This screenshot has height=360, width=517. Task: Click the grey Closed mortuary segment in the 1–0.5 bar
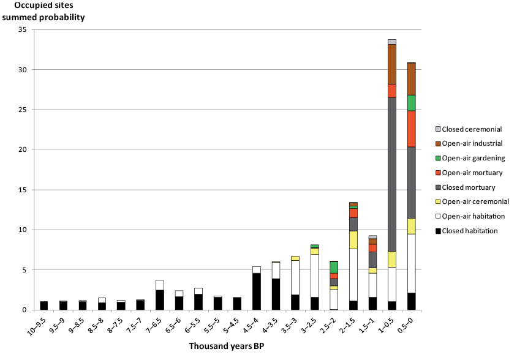[392, 174]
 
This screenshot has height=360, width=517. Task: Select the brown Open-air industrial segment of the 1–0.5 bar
[392, 64]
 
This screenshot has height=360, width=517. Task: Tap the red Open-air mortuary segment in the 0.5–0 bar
[411, 129]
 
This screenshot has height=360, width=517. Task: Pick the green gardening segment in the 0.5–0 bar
[411, 103]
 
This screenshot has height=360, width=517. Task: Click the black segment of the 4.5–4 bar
[257, 292]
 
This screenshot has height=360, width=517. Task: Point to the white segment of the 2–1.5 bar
[353, 275]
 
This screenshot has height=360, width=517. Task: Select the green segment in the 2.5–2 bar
[334, 268]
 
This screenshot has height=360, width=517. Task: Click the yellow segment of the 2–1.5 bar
[353, 240]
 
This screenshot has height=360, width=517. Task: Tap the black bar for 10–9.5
[44, 306]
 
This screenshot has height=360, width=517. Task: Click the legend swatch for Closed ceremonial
[438, 129]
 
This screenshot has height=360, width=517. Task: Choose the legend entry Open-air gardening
[470, 158]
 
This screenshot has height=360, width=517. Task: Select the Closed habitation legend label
[470, 231]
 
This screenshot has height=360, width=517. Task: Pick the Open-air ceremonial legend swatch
[438, 202]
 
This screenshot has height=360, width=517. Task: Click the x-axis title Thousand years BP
[227, 346]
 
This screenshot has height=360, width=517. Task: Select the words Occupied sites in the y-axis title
[44, 6]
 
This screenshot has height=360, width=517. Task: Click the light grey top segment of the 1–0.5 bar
[392, 42]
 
